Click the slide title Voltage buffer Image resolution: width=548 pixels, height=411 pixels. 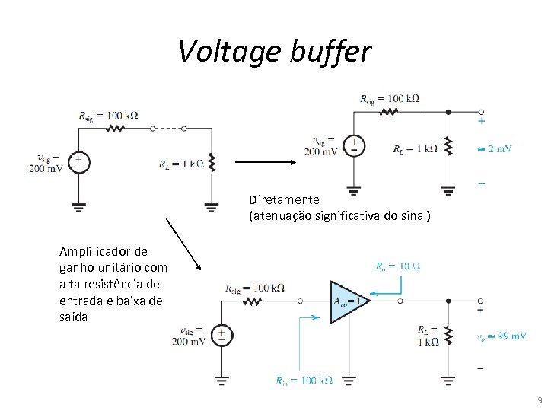(274, 51)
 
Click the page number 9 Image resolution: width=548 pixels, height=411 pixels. (540, 400)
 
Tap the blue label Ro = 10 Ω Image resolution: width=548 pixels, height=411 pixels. (398, 266)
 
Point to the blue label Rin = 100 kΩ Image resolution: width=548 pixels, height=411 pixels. (304, 380)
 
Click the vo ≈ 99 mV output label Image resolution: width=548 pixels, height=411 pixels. (502, 336)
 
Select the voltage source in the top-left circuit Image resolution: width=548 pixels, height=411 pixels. (78, 162)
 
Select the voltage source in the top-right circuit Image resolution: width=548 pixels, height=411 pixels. (354, 145)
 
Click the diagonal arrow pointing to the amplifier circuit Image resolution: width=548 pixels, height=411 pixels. (183, 243)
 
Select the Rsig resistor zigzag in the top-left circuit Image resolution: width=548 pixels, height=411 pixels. (115, 129)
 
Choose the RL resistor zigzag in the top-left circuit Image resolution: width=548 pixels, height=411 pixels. (211, 162)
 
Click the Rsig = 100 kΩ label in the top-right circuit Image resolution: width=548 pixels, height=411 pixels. (389, 98)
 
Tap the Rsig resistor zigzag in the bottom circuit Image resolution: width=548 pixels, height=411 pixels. (253, 301)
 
